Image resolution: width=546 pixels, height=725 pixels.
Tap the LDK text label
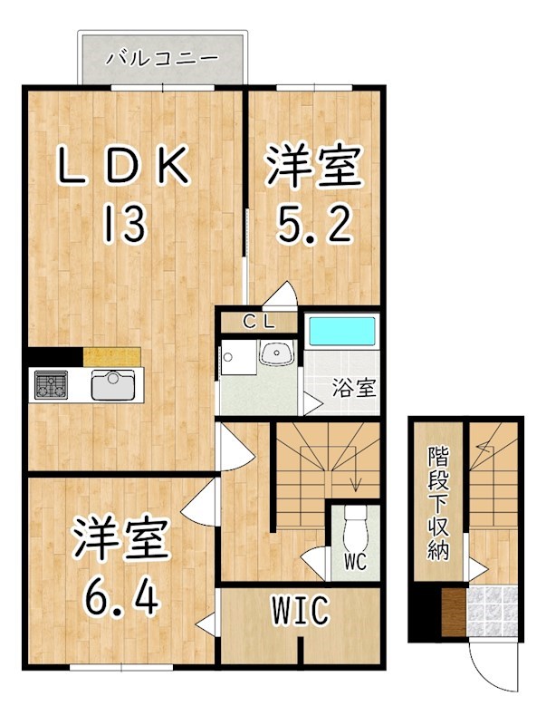point(124,167)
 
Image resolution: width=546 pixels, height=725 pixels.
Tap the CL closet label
point(258,321)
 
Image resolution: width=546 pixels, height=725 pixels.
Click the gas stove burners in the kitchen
point(51,385)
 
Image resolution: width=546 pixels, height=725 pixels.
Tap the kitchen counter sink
point(112,384)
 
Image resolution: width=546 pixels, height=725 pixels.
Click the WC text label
point(354,562)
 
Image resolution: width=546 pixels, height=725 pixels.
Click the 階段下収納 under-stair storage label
point(438,503)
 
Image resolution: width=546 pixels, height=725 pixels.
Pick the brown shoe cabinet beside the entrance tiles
point(452,614)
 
